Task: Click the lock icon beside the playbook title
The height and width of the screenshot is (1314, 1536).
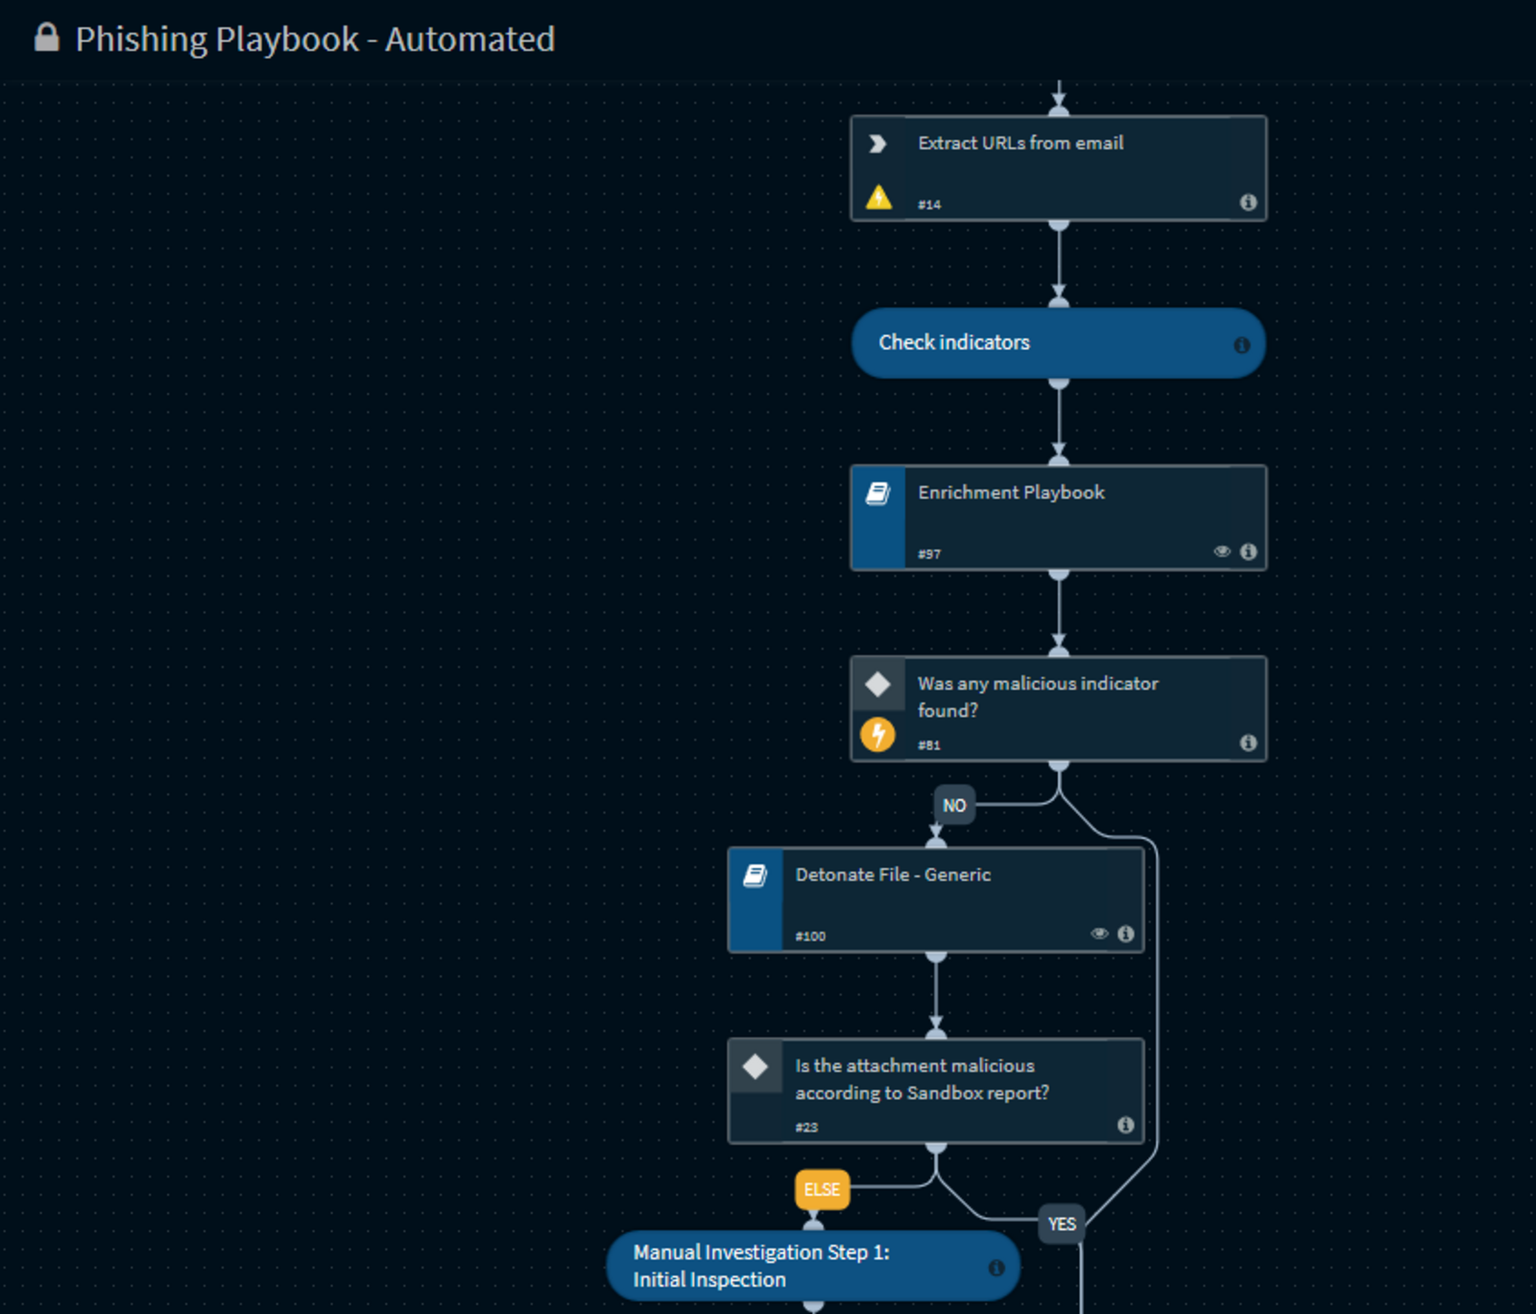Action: point(46,37)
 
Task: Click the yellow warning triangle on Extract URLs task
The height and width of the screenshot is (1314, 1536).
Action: point(878,197)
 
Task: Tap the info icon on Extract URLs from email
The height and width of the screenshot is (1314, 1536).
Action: point(1248,202)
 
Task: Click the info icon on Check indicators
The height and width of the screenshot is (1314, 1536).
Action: point(1241,344)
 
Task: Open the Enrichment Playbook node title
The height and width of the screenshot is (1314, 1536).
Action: point(1011,492)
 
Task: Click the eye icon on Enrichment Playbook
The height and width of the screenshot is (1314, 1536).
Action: point(1222,551)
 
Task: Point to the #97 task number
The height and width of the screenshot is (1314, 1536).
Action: point(929,553)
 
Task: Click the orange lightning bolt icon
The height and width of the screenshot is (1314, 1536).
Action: point(877,735)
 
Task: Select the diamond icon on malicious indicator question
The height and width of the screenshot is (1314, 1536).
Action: point(877,684)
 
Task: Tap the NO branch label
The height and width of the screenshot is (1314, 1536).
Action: point(954,805)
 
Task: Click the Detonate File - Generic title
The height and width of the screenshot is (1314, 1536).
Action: point(893,874)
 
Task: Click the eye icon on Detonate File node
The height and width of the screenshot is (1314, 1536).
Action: point(1099,934)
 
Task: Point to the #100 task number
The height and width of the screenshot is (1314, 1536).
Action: point(810,936)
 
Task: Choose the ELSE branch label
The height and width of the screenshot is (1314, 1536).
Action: point(822,1189)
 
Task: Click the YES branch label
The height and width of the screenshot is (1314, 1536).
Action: point(1062,1224)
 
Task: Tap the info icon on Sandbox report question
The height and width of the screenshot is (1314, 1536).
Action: point(1126,1125)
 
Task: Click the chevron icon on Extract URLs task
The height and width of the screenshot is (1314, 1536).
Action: point(877,143)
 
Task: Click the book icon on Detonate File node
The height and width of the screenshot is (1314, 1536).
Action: point(756,875)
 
